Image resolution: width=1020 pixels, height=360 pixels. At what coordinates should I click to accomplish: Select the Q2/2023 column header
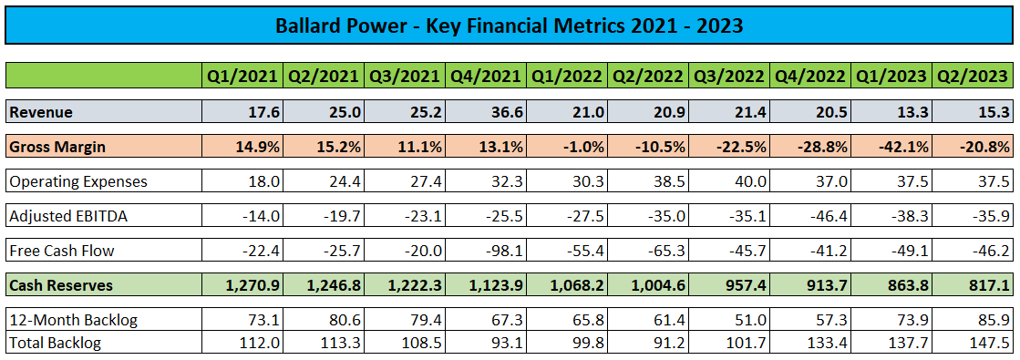[974, 76]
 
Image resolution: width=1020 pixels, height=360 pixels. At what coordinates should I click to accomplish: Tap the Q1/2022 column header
[568, 76]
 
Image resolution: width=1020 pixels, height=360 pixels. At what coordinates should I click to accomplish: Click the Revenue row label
[41, 111]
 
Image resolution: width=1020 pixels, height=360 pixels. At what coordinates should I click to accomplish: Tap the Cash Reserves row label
[61, 285]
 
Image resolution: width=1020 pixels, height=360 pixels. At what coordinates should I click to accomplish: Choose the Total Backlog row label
[56, 343]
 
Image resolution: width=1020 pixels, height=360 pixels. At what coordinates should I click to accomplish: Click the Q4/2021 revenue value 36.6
[504, 111]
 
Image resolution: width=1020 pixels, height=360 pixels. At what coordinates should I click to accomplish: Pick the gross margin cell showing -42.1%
[897, 147]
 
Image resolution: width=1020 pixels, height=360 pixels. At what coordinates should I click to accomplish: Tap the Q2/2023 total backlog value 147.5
[991, 343]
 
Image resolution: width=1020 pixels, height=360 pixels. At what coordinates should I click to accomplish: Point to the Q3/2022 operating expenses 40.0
[747, 181]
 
